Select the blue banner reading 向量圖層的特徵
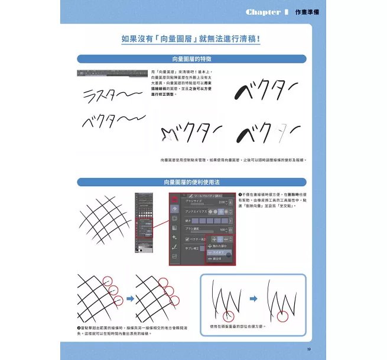[192, 59]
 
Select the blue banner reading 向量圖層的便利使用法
[192, 182]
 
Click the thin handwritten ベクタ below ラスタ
[112, 123]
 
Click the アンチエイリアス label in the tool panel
[199, 212]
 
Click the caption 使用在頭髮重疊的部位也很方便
[238, 326]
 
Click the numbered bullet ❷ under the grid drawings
[80, 327]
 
